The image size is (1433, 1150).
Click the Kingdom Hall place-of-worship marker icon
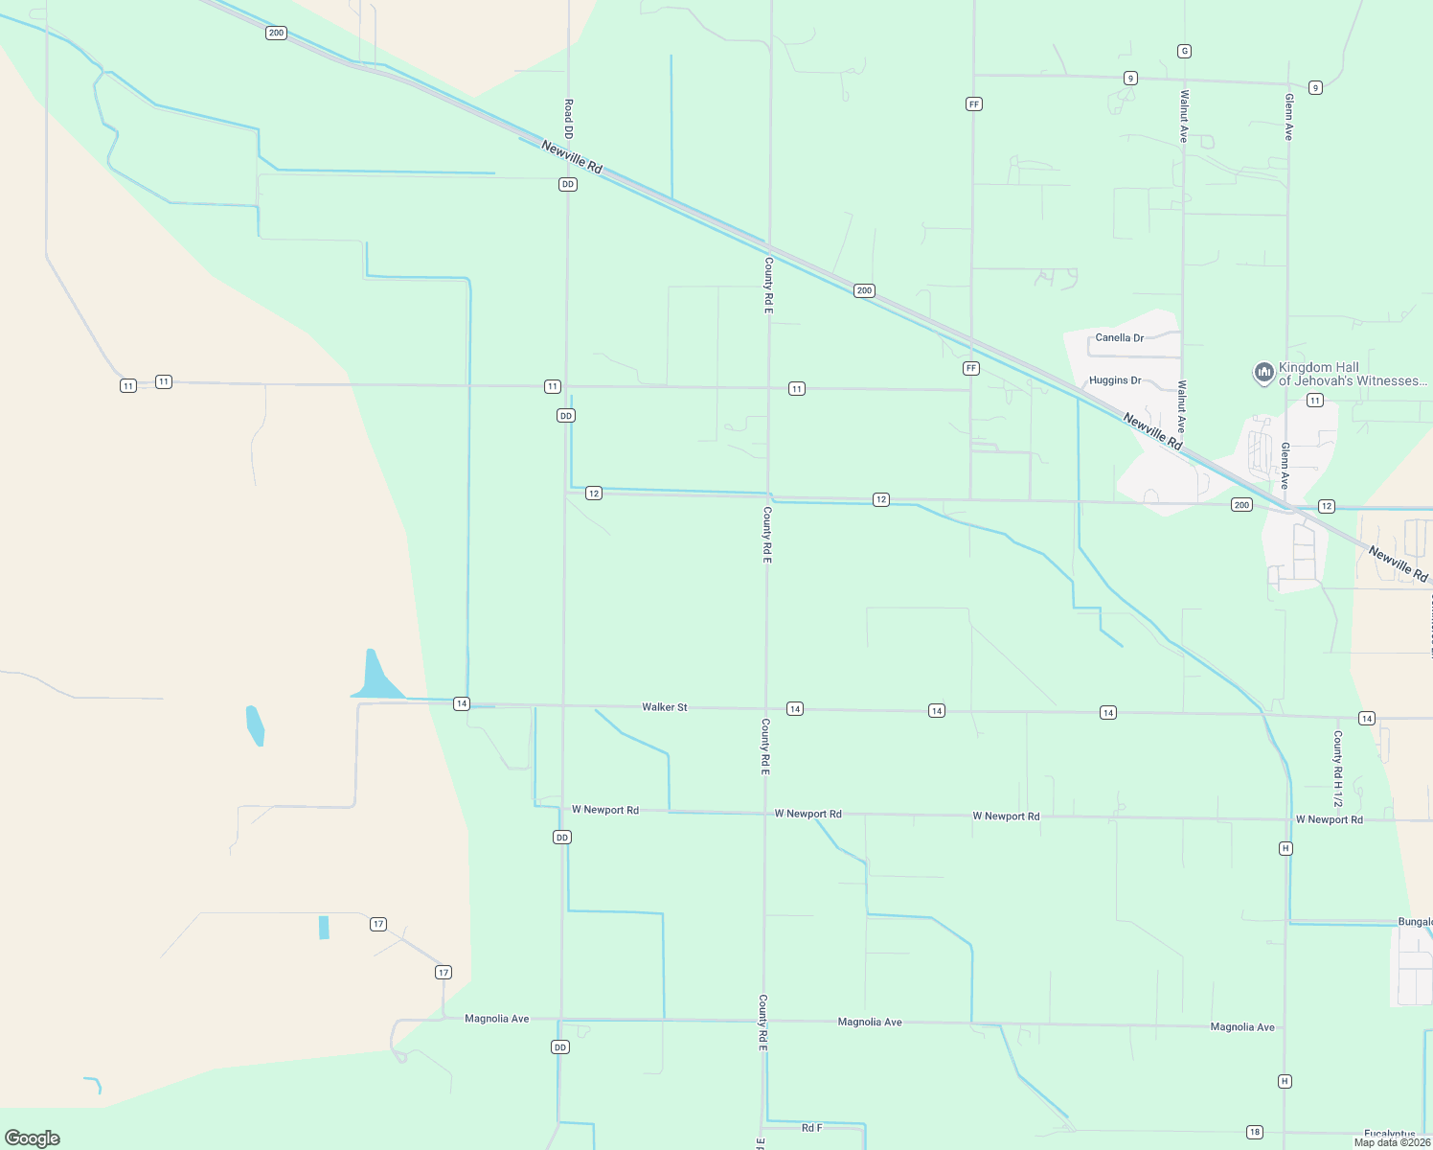(x=1263, y=372)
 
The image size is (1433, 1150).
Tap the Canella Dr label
(x=1119, y=338)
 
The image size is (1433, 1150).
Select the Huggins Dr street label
(x=1115, y=380)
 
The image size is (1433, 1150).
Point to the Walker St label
(x=664, y=707)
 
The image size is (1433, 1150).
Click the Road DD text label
(x=568, y=119)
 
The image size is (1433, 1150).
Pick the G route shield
(x=1185, y=51)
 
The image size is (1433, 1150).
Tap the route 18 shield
(x=1255, y=1132)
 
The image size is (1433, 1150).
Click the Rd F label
(x=811, y=1128)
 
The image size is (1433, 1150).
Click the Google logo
(x=33, y=1138)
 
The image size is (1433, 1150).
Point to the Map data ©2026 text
(x=1392, y=1142)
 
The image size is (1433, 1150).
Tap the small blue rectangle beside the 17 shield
(x=324, y=928)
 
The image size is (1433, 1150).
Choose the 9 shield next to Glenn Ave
(x=1315, y=88)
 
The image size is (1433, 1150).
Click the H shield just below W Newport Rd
(x=1285, y=848)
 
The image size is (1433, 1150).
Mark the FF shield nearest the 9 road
(x=974, y=103)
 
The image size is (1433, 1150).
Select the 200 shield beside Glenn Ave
(x=1241, y=505)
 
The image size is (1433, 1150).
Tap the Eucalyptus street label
(x=1390, y=1135)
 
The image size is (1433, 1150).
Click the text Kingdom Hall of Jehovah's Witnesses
(x=1352, y=374)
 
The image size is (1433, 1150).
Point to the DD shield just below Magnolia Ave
(x=560, y=1047)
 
